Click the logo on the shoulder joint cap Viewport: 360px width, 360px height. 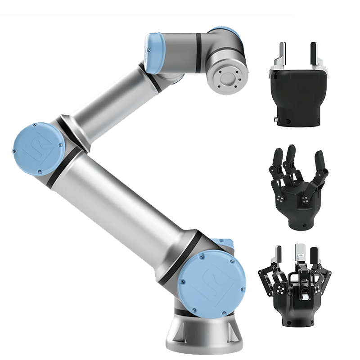(x=215, y=283)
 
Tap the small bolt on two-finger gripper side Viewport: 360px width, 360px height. (x=275, y=120)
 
